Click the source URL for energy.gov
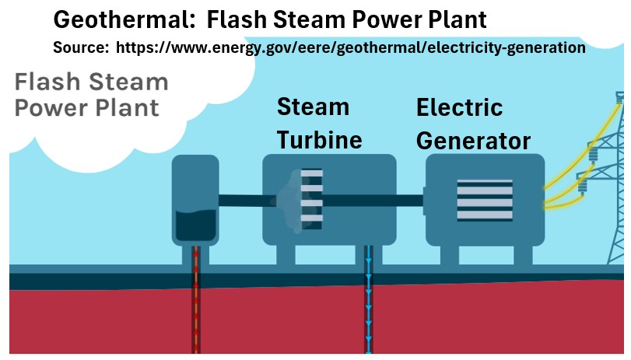tap(350, 47)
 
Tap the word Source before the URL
tap(80, 47)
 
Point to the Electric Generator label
tap(472, 124)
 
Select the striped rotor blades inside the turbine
tap(311, 199)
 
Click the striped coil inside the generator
tap(484, 200)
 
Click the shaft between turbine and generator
tap(409, 200)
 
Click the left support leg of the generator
tap(442, 253)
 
